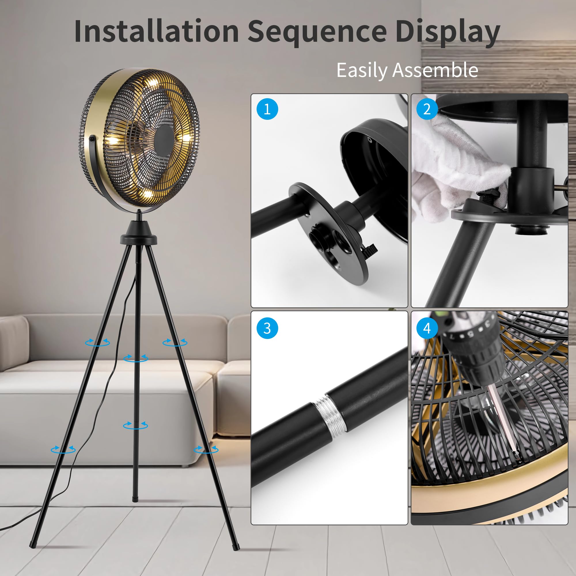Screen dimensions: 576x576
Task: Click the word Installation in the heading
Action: coord(156,31)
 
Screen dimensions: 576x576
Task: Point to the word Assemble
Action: coord(435,70)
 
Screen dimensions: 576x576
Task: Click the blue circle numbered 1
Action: coord(267,109)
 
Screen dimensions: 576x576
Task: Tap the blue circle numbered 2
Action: coord(427,109)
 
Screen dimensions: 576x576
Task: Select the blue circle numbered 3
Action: coord(267,328)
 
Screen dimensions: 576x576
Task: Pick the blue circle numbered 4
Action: coord(427,328)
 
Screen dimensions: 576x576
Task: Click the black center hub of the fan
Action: coord(164,139)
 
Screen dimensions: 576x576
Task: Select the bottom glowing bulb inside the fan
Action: coord(147,194)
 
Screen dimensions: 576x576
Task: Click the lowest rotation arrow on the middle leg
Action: coord(136,425)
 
